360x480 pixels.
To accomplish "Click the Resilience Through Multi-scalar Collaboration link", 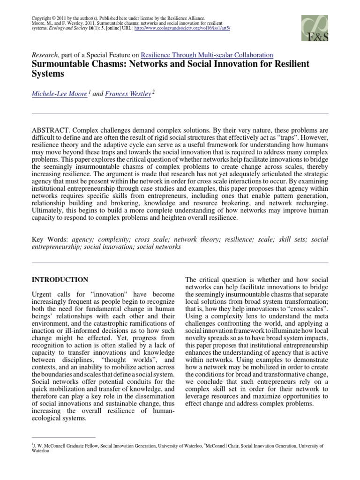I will point(207,55).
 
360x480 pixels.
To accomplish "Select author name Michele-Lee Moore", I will point(59,94).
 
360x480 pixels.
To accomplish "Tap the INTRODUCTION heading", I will point(60,280).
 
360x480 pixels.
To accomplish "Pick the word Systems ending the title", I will point(47,74).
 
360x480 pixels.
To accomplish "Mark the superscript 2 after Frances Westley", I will point(153,92).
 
